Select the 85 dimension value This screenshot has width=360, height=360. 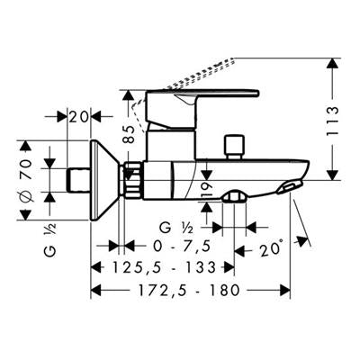130,134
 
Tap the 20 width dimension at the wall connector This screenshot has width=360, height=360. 79,117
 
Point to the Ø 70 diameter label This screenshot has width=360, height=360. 27,180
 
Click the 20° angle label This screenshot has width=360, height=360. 271,248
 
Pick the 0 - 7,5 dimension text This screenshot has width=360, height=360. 182,247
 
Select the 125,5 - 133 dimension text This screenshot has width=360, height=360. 164,267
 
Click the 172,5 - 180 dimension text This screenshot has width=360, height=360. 189,290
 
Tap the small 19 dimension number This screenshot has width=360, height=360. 207,189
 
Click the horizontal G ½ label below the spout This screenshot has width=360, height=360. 176,229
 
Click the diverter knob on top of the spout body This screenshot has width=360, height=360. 234,147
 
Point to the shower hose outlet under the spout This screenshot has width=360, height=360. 235,196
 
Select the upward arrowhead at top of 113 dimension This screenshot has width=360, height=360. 332,64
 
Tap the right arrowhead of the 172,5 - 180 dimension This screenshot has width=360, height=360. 284,290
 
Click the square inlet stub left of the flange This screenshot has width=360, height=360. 79,180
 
